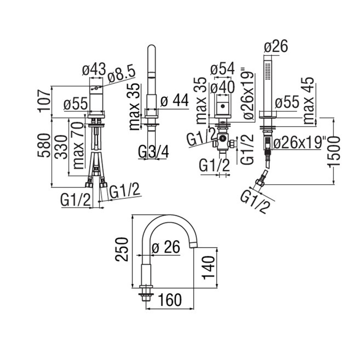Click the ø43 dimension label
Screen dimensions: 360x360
click(93, 69)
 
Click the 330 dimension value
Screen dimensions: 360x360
click(62, 147)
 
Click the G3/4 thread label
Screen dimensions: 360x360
click(153, 152)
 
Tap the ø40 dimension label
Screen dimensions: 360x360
click(222, 89)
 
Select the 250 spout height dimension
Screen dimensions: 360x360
click(122, 249)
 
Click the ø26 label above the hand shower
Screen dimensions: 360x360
click(276, 47)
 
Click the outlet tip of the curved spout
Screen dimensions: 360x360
click(194, 244)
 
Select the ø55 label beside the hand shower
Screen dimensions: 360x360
click(287, 102)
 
